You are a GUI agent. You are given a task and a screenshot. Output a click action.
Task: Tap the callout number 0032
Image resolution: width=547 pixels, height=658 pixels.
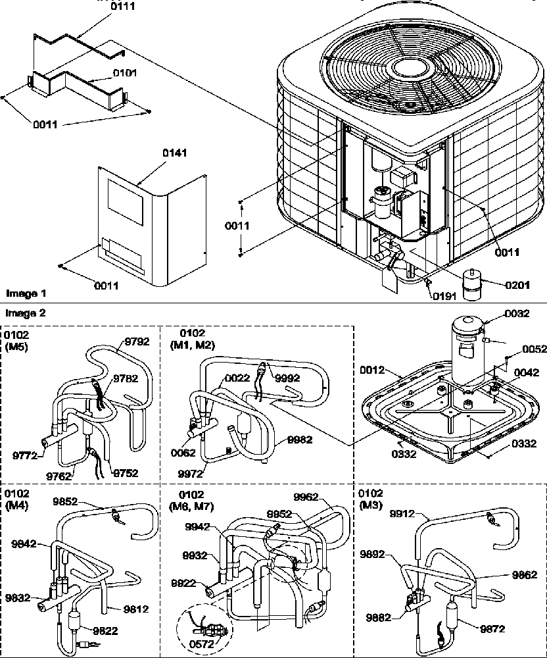tap(517, 314)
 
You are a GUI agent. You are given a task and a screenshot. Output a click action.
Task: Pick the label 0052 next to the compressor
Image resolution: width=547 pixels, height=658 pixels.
tap(534, 349)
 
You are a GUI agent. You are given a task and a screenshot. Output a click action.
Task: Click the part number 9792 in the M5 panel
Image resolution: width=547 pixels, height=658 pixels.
tap(137, 342)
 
